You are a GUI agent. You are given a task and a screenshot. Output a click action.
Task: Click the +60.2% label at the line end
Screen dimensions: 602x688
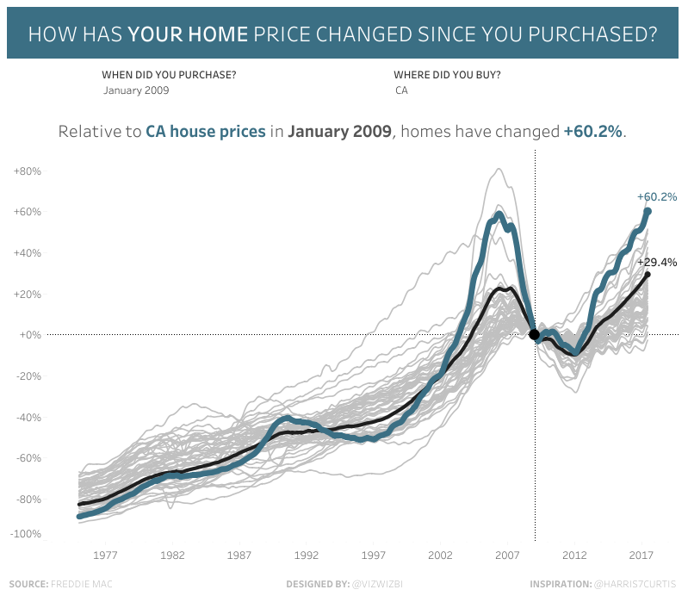pos(657,196)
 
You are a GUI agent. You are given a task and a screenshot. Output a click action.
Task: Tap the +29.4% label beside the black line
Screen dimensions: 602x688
pos(657,262)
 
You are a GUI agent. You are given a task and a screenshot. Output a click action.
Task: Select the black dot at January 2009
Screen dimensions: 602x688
pos(534,334)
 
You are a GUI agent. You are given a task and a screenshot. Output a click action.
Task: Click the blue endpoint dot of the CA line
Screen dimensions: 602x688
pos(648,211)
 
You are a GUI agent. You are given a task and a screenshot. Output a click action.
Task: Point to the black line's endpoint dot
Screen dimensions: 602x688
pos(648,275)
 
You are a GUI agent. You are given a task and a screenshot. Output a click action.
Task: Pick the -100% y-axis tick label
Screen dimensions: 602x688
pos(26,534)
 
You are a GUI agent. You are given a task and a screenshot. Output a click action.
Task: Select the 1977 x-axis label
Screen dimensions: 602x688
pos(106,555)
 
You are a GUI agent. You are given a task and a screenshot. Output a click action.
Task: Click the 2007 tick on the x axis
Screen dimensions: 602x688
pos(507,555)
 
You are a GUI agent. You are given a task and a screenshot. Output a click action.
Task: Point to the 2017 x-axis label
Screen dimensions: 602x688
pos(642,555)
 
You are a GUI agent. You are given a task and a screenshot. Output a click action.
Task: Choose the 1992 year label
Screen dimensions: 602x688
pos(307,555)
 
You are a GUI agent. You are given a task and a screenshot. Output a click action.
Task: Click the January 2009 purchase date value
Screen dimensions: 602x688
pos(136,90)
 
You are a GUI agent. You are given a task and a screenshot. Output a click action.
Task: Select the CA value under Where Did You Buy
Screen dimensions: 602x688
pos(401,90)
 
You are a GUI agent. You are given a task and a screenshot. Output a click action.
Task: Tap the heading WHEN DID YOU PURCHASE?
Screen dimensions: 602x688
pos(169,74)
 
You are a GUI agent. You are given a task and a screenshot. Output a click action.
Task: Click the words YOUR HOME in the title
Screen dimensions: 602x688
pos(188,35)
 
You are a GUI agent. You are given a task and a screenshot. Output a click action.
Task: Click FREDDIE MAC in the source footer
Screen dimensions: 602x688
pos(82,584)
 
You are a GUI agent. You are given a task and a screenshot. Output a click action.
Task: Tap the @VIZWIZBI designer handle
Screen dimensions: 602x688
pos(377,584)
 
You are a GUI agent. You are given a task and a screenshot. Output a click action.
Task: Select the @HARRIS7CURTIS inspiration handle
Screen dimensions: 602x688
pos(635,584)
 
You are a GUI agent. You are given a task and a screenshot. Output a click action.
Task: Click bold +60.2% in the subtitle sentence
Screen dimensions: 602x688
pos(593,132)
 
